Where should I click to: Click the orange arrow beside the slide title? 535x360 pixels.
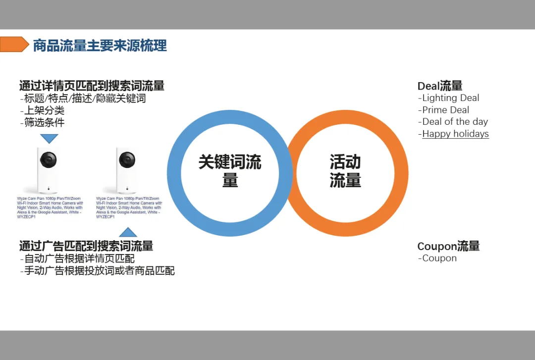click(14, 45)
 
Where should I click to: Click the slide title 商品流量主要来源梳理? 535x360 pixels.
click(100, 46)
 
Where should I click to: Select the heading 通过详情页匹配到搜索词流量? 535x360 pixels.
click(92, 86)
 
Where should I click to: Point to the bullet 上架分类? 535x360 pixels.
click(43, 110)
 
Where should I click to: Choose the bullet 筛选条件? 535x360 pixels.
click(43, 122)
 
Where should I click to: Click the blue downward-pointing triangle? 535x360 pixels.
click(49, 139)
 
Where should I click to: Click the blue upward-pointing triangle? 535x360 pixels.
click(128, 232)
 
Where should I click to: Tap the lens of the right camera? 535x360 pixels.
click(127, 159)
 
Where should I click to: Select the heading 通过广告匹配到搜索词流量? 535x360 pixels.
click(86, 246)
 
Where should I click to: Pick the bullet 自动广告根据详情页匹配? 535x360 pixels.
click(78, 258)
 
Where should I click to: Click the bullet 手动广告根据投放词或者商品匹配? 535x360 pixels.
click(98, 271)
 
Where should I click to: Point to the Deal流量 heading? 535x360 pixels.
click(440, 86)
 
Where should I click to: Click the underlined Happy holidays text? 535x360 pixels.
click(455, 134)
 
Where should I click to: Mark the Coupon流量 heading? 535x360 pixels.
click(448, 246)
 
